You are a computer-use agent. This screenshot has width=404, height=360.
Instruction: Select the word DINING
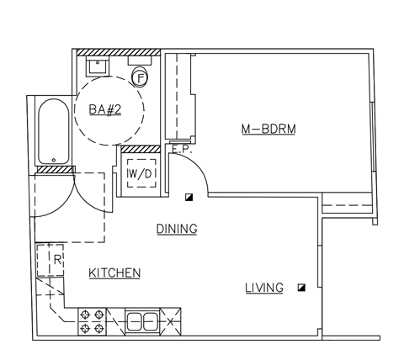tap(176, 229)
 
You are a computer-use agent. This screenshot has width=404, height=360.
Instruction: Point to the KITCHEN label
tap(114, 273)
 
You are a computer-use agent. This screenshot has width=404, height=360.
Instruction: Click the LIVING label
tap(263, 288)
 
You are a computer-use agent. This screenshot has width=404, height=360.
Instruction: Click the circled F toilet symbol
tap(141, 77)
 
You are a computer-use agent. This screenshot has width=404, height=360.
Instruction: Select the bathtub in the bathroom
tap(53, 133)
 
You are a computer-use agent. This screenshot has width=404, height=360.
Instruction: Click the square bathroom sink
tap(98, 66)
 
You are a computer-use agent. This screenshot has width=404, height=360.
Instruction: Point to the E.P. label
tap(178, 150)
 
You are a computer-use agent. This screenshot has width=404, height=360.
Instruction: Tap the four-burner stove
tap(92, 320)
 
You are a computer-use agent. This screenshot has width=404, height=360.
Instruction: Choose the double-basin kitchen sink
tap(141, 320)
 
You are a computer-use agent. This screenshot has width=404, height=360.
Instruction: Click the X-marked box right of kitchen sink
tap(170, 321)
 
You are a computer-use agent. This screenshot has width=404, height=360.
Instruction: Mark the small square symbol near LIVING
tap(301, 287)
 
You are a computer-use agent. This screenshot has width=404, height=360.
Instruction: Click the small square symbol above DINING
tap(190, 198)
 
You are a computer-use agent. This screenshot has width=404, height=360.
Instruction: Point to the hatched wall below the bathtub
tap(53, 170)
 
